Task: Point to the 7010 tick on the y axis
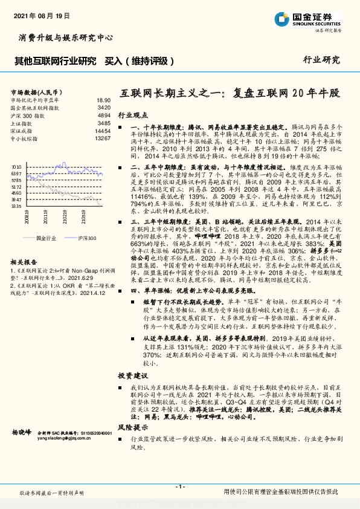click(x=16, y=165)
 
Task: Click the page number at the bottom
click(x=179, y=487)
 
